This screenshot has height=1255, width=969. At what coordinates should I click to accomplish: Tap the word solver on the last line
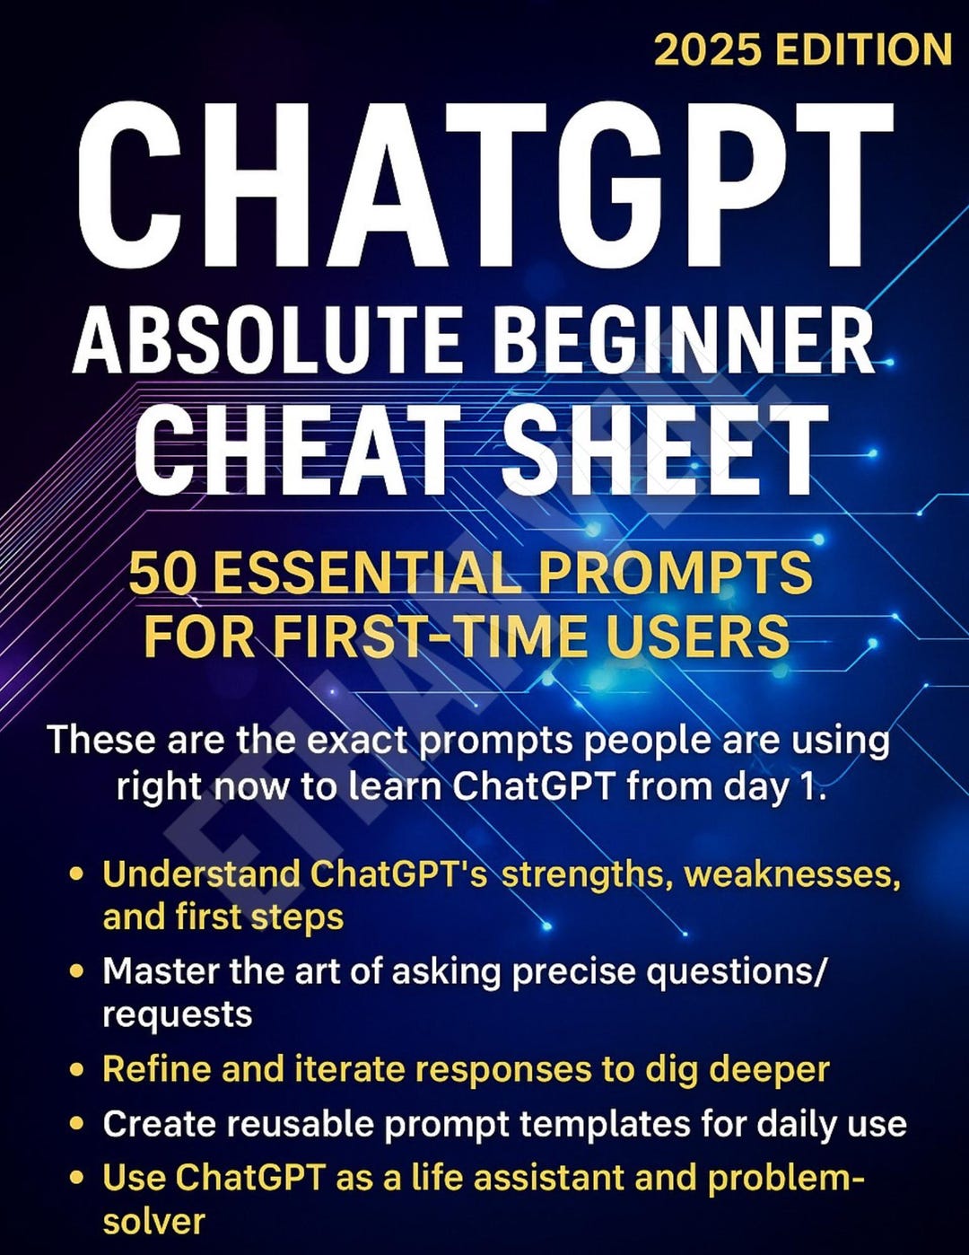pos(154,1223)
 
